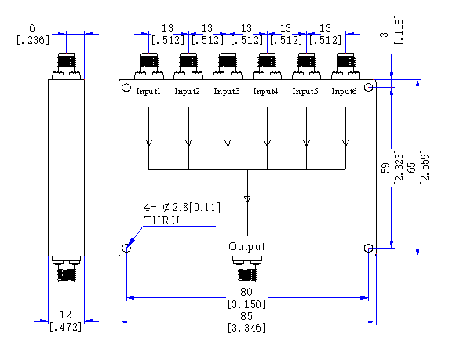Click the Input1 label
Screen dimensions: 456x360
point(148,91)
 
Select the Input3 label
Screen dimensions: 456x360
point(227,91)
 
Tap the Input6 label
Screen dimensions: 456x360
point(344,91)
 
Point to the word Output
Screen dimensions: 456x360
point(247,246)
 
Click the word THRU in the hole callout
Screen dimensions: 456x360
point(162,220)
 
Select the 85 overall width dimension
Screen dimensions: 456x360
point(246,316)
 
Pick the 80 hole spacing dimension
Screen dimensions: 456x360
point(246,292)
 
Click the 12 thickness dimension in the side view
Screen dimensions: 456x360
point(65,315)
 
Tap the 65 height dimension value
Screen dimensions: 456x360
point(412,167)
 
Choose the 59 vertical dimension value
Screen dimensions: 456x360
point(385,167)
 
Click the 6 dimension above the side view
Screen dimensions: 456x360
point(32,28)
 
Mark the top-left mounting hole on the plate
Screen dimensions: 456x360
point(126,88)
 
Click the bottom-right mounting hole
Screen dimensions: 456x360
point(368,248)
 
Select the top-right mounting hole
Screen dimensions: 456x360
point(368,87)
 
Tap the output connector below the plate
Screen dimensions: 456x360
point(247,269)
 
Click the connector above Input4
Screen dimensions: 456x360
point(267,67)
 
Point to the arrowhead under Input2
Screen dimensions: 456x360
point(188,143)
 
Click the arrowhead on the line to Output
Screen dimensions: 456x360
point(247,199)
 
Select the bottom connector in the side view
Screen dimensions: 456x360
point(66,269)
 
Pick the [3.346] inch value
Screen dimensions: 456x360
point(246,328)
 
